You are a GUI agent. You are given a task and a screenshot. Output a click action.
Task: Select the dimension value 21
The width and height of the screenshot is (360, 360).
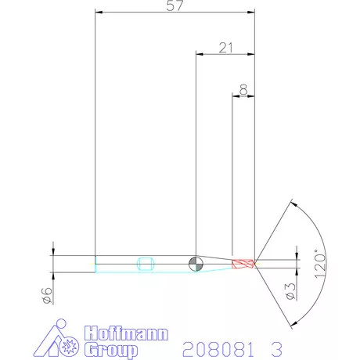tap(226, 48)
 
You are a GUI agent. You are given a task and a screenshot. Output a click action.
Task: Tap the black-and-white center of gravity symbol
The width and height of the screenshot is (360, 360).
tap(196, 262)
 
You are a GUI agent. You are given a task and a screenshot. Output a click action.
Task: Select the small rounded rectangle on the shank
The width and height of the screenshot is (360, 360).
tap(144, 262)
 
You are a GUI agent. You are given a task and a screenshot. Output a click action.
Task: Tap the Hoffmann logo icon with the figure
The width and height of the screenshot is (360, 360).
tap(61, 337)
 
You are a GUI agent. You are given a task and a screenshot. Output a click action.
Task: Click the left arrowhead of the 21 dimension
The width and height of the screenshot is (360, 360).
tap(199, 54)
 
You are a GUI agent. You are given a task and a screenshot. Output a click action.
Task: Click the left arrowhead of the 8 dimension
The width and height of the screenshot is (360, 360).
tap(236, 96)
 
